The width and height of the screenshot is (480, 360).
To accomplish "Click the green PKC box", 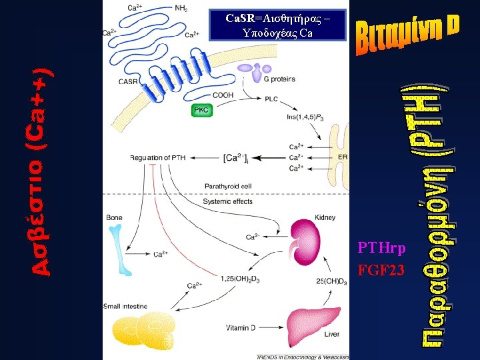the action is click(x=202, y=109).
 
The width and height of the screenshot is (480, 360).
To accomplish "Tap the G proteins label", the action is click(x=279, y=79).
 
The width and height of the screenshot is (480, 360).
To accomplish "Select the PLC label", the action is click(x=271, y=99).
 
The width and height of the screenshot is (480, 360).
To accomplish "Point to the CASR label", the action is click(x=129, y=81).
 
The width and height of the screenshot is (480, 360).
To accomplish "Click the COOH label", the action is click(x=223, y=96).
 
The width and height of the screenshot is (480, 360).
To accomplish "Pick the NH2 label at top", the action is click(x=181, y=8).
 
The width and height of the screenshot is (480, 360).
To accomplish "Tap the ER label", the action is click(x=343, y=157).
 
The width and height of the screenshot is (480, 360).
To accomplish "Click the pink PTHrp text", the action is click(x=381, y=248).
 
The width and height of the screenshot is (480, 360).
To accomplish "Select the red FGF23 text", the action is click(x=381, y=271).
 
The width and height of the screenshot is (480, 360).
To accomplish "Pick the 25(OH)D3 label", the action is click(x=332, y=280).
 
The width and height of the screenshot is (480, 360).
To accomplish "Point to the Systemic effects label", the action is click(x=227, y=201).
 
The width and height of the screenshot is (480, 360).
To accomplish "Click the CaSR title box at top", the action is click(x=278, y=25).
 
